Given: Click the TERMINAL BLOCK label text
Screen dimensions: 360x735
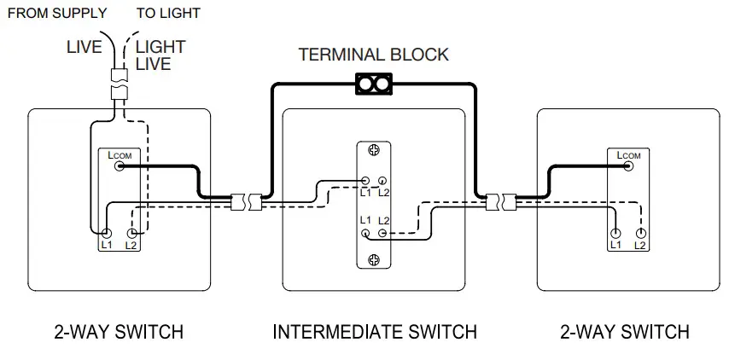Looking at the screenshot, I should [373, 55].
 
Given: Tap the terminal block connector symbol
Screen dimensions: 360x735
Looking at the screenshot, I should [373, 84].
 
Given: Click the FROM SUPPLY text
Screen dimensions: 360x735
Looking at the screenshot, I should [56, 13].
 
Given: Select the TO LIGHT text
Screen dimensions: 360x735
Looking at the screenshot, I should [168, 13].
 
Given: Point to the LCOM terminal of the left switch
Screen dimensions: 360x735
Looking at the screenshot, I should [120, 166].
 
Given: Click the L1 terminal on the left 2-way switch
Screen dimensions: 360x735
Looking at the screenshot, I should [107, 233].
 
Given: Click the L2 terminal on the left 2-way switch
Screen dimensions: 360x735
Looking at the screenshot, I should [131, 233].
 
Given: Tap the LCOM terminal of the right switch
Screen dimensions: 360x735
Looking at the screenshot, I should [629, 166].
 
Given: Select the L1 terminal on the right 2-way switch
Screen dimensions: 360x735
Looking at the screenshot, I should [615, 233].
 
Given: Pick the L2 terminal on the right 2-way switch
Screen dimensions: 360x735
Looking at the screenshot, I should [639, 233].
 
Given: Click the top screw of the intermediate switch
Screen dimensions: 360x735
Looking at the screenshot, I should [373, 151].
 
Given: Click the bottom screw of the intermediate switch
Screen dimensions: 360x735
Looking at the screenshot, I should [373, 258].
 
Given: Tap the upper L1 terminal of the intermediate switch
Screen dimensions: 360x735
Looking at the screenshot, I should [365, 181].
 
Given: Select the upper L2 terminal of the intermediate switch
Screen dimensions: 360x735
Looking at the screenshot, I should [382, 181].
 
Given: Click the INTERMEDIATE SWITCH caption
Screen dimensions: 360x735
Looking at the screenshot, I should [374, 332].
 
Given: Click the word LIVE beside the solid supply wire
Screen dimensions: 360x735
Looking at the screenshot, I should [85, 47].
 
